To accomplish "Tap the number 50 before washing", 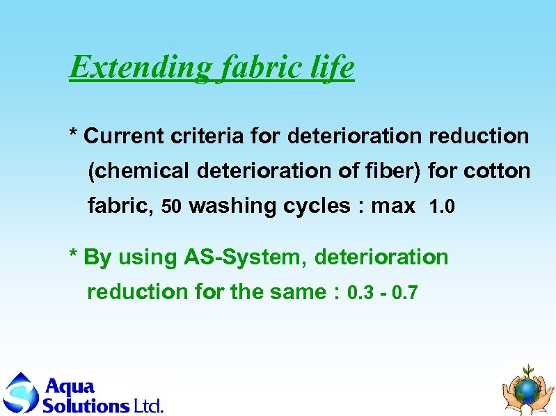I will click(x=171, y=207).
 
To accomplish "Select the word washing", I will click(x=232, y=207).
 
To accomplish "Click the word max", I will click(x=393, y=207).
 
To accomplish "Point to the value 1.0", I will click(x=442, y=207).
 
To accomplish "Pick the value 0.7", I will click(x=405, y=293).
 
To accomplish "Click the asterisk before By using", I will click(x=73, y=255).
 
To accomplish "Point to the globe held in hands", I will click(x=528, y=388).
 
